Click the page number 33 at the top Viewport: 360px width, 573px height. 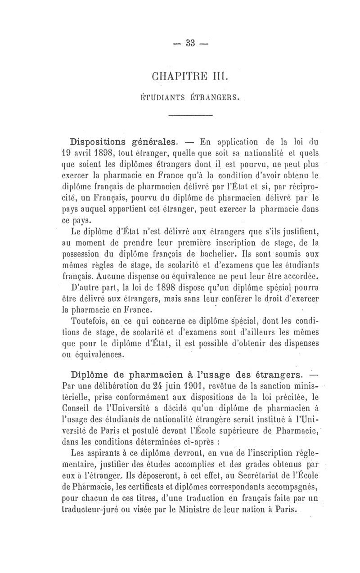tap(189, 43)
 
